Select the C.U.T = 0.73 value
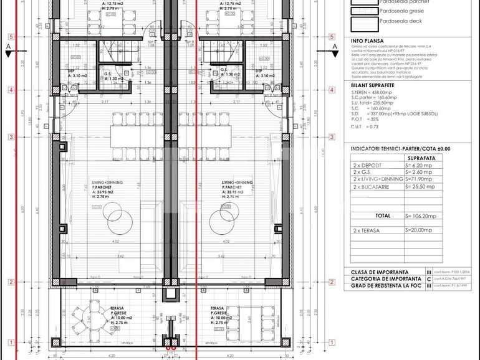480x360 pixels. coord(367,126)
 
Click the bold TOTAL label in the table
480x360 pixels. coord(383,216)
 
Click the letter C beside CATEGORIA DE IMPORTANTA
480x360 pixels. coord(428,279)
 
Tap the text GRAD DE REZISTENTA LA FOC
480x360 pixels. coord(385,286)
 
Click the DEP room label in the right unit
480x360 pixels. coord(258,70)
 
